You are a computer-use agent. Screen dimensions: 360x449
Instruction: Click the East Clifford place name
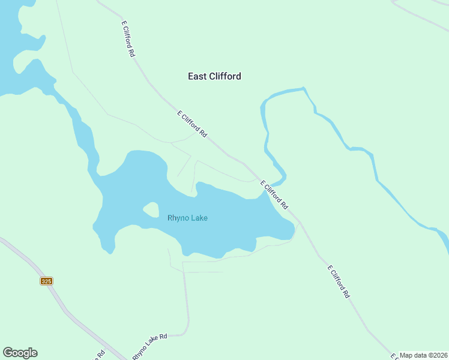pos(214,76)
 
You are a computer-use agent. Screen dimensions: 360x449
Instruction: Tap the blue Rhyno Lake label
pos(187,218)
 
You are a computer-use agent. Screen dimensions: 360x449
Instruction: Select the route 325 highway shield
pos(47,281)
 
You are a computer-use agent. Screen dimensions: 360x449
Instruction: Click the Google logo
pos(20,353)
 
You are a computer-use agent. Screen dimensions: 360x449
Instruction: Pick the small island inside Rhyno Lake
pos(150,210)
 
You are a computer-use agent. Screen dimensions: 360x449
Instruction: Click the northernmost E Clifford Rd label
pos(128,39)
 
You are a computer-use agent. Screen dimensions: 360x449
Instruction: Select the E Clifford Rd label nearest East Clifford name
pos(192,125)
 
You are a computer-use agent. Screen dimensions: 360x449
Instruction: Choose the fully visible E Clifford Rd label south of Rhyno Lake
pos(338,281)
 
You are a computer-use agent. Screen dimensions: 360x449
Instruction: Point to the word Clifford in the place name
pos(224,76)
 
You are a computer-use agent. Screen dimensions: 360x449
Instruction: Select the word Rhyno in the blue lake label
pos(178,218)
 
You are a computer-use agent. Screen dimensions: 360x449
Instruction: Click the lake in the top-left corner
pos(9,36)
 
